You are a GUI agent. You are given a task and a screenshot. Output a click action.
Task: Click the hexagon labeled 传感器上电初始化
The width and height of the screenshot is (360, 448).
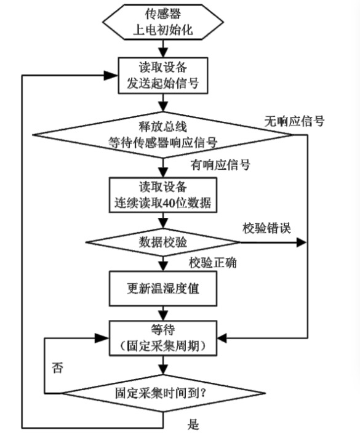pos(163,22)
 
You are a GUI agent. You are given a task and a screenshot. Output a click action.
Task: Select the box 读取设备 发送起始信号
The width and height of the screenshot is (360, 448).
pos(163,76)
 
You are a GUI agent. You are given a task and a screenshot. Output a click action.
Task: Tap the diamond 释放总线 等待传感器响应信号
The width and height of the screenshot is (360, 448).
pos(163,135)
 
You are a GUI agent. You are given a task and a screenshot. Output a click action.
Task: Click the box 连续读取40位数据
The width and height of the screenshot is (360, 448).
pos(163,195)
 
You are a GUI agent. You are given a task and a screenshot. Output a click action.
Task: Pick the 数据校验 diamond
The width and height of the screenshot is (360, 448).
pos(163,242)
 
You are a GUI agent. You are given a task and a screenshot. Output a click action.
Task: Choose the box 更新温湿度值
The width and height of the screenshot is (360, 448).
pos(163,289)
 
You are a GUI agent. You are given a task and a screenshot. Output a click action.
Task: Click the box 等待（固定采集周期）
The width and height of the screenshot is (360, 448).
pos(163,338)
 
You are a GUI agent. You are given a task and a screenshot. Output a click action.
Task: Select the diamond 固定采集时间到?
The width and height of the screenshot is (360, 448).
pos(164,393)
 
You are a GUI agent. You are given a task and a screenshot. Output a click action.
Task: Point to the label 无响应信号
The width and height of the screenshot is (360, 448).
pos(294,121)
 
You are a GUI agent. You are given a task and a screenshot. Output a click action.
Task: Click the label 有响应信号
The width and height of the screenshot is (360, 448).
pos(220,165)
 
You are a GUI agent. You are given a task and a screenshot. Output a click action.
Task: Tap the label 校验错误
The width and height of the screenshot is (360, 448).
pos(267,228)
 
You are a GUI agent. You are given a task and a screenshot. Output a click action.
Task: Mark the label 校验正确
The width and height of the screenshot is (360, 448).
pos(213,263)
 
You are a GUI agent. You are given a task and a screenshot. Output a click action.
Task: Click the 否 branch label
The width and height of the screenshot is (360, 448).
pos(57,367)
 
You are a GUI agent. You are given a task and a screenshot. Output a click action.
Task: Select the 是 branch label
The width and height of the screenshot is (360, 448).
pos(193,424)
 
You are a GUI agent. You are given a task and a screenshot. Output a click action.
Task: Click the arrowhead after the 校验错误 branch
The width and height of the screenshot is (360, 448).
pos(302,242)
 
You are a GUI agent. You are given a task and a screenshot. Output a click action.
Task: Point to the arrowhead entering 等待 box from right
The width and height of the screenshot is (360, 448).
pos(222,338)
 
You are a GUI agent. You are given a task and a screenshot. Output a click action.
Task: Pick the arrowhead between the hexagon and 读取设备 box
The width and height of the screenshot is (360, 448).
pos(163,53)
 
